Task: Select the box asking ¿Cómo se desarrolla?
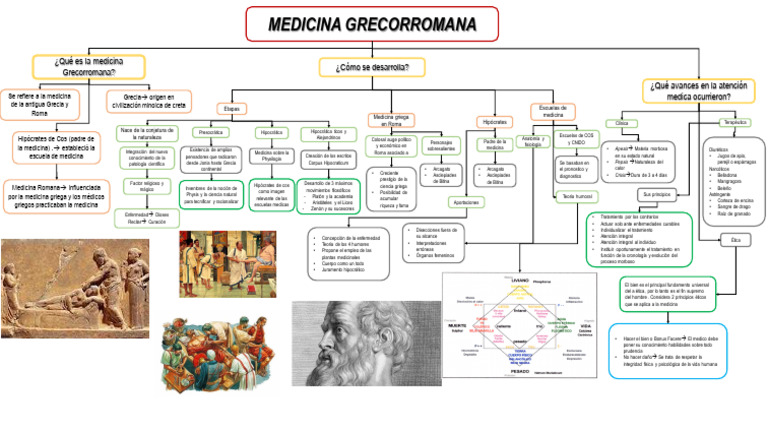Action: pos(372,67)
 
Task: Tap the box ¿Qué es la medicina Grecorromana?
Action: pos(89,67)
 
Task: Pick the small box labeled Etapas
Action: pos(231,108)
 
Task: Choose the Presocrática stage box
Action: pos(211,132)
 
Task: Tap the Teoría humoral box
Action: pos(578,197)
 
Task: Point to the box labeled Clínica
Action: pos(622,123)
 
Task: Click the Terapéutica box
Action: pos(734,123)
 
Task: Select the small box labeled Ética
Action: pos(735,241)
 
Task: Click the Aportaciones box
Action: pos(438,202)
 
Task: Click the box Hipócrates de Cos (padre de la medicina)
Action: pos(56,147)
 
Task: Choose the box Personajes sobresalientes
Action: pos(440,146)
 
